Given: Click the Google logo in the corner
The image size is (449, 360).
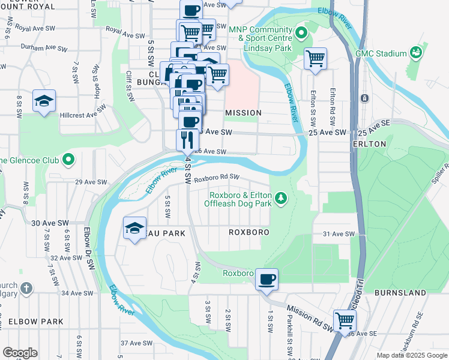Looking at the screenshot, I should click(20, 353).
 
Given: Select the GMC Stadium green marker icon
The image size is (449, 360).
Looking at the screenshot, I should click(415, 53).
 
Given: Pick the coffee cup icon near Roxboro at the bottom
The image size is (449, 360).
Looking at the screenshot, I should click(266, 279).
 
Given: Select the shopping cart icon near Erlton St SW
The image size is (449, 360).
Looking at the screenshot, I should click(315, 58).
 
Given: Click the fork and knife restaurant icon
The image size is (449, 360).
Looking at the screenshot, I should click(188, 139).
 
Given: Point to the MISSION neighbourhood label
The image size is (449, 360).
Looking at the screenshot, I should click(243, 113).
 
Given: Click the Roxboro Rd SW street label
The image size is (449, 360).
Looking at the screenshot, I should click(217, 177).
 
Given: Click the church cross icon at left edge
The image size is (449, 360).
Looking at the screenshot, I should click(25, 289).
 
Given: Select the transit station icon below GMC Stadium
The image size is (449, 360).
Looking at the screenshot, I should click(364, 98).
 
